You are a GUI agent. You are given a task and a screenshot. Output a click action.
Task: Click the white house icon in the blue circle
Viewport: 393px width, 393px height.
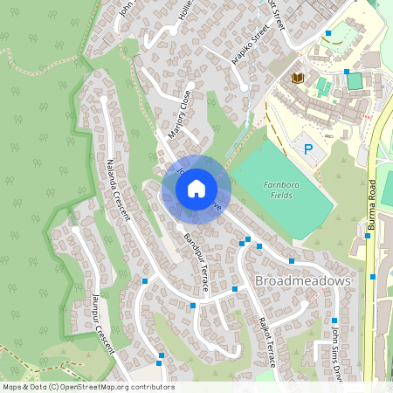pos(196,189)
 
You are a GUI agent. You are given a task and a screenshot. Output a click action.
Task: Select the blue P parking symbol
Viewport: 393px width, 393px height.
pos(307,150)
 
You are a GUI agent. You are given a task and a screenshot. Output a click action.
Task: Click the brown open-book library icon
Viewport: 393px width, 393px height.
pos(298,79)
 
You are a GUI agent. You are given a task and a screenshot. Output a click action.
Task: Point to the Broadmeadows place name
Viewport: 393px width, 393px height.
pos(303,281)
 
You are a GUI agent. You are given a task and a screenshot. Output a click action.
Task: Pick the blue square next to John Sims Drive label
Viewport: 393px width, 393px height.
pos(334,321)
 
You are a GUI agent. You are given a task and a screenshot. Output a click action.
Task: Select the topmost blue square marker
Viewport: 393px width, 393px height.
pos(328,34)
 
